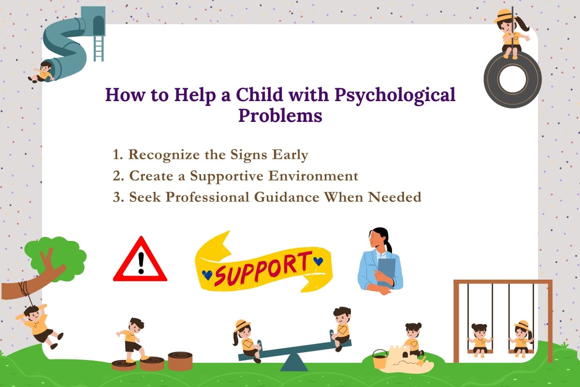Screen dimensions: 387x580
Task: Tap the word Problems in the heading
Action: [x=280, y=116]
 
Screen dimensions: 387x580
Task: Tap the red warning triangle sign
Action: [x=140, y=262]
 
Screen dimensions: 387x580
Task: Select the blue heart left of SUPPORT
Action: [x=207, y=275]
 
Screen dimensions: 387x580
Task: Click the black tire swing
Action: [x=512, y=80]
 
